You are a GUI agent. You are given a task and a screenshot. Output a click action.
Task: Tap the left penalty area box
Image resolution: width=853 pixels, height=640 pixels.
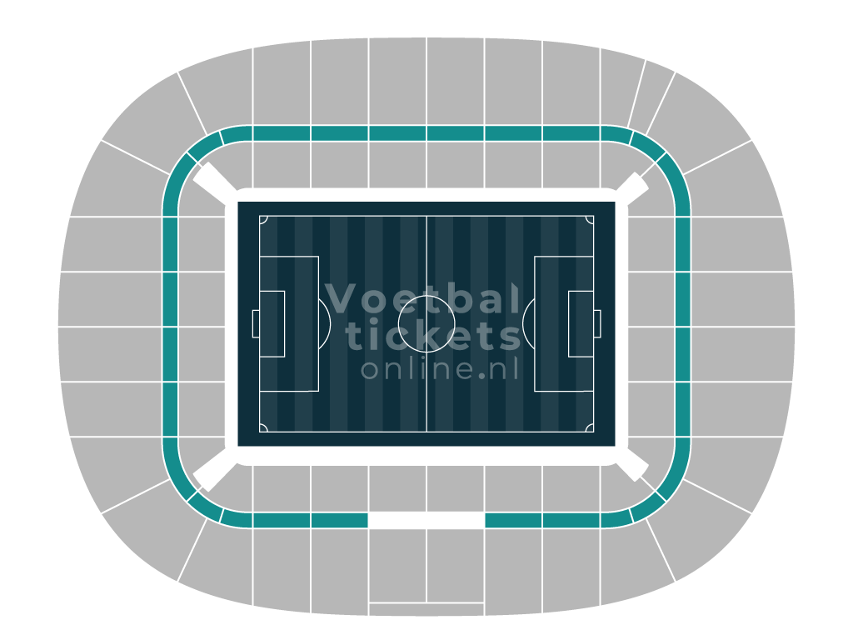[318, 324]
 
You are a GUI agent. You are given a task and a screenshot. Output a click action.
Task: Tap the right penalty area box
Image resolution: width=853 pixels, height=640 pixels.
[535, 324]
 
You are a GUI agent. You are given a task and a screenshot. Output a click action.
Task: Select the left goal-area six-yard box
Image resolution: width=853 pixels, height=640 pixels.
[285, 324]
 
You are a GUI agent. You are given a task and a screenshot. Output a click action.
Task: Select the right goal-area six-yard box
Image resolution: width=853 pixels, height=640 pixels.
[568, 324]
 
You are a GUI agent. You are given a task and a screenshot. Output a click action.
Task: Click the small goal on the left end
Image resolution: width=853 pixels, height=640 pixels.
[256, 324]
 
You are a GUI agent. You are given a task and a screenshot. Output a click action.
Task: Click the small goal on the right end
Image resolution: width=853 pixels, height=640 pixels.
[597, 324]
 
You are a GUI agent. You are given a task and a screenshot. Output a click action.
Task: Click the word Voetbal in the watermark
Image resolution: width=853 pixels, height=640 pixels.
[422, 298]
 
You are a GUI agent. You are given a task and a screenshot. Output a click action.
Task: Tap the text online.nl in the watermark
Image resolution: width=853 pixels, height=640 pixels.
[440, 368]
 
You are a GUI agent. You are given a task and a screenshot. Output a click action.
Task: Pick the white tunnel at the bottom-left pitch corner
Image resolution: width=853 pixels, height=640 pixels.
[215, 469]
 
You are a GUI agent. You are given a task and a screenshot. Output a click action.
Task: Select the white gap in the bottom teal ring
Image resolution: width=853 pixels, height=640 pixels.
[426, 520]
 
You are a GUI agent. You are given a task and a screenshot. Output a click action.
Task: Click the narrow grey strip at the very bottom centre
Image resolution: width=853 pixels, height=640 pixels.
[426, 609]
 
